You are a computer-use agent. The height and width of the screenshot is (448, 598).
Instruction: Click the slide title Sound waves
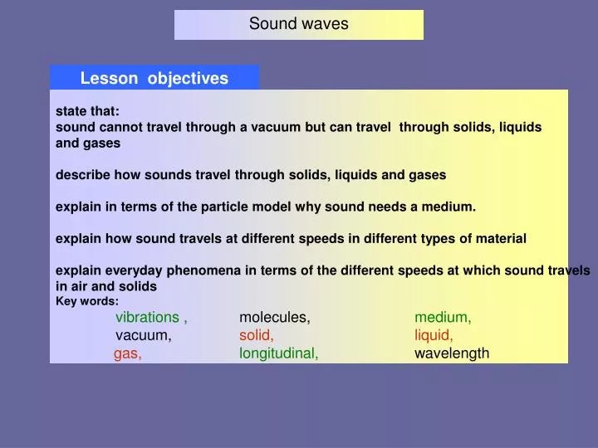(x=298, y=24)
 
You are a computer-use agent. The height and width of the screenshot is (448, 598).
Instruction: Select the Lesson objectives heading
(x=154, y=78)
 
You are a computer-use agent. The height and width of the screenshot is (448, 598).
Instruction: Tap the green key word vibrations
(x=148, y=317)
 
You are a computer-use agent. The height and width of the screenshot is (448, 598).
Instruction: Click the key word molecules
(x=274, y=317)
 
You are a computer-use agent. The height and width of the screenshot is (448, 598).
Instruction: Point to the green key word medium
(x=443, y=317)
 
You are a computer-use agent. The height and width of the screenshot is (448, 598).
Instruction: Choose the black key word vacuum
(x=143, y=335)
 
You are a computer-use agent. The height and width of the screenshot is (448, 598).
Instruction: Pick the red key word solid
(x=256, y=335)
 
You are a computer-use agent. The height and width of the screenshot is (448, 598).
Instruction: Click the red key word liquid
(x=434, y=335)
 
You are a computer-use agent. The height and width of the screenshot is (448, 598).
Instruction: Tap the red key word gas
(x=127, y=353)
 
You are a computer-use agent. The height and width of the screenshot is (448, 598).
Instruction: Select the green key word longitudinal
(x=278, y=353)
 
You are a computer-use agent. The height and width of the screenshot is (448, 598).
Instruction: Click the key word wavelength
(x=452, y=353)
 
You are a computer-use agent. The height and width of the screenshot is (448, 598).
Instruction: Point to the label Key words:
(x=86, y=301)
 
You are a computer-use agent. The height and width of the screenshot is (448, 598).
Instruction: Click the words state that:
(x=87, y=111)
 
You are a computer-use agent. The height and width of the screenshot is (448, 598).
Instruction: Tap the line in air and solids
(x=105, y=286)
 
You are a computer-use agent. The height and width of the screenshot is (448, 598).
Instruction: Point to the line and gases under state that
(x=87, y=143)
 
